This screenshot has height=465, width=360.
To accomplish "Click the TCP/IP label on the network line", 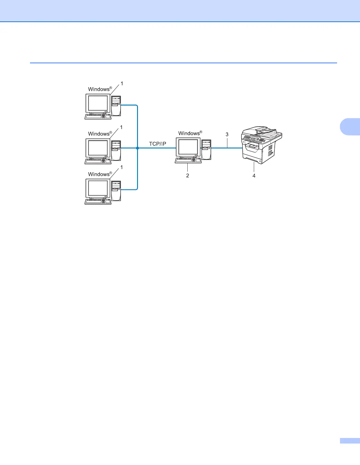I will point(157,144).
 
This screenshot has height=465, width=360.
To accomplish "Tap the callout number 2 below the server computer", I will point(187,175).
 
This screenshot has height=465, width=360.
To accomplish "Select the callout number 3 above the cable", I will point(227,134).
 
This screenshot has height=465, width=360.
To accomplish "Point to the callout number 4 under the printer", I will point(254,175).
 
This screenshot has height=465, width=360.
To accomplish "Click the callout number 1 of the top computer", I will point(122,83).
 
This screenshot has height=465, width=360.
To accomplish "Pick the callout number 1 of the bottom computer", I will point(121,167).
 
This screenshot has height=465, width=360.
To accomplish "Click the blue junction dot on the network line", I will point(137,148).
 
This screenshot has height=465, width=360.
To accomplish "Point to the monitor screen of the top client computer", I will point(98,103).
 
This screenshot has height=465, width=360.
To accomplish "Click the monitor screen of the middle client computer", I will point(98,148).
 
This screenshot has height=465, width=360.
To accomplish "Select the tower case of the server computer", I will point(206,149).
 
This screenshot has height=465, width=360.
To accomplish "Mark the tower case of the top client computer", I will point(116,106).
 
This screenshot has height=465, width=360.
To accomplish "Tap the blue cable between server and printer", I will point(226,148).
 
